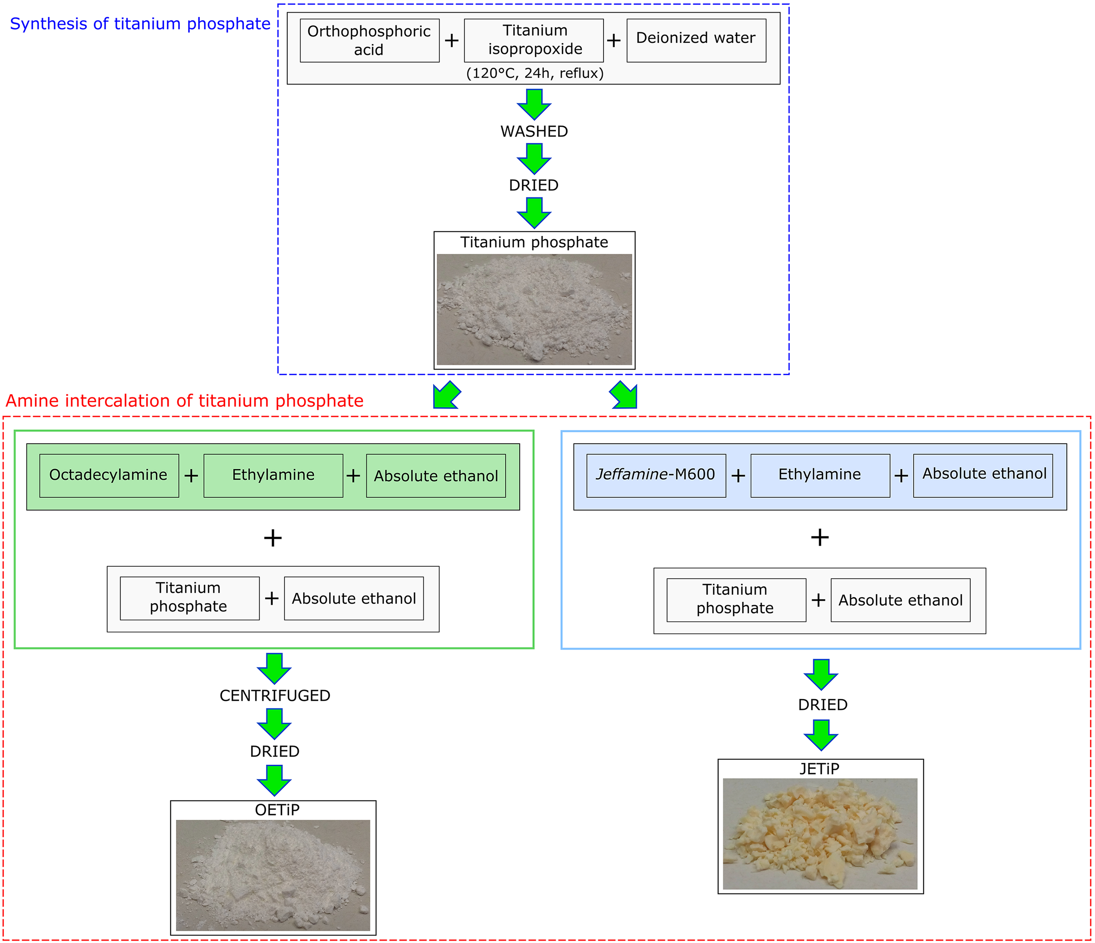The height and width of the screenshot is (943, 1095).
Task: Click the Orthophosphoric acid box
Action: [x=369, y=41]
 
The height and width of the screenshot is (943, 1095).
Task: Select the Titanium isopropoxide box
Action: [x=534, y=41]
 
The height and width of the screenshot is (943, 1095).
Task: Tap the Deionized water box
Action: [x=696, y=41]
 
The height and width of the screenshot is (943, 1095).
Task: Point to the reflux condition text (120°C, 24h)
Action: [x=534, y=73]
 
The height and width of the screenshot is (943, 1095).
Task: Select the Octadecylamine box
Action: [x=109, y=475]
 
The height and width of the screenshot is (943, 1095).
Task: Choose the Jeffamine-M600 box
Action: [x=656, y=475]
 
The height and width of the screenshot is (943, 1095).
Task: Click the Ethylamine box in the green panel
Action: [x=273, y=475]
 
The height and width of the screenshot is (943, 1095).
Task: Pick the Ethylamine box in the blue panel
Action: [x=820, y=475]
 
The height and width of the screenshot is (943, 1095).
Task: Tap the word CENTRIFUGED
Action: [x=275, y=696]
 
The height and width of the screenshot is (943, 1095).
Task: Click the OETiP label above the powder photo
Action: [x=277, y=810]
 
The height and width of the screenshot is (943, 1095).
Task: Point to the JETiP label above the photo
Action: [x=819, y=768]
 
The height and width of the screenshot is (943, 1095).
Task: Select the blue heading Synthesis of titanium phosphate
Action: [x=140, y=24]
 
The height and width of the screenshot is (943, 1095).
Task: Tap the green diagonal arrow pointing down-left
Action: [x=447, y=395]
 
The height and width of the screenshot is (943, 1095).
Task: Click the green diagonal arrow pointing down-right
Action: [x=624, y=395]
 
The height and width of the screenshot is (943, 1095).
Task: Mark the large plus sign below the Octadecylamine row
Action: [x=273, y=538]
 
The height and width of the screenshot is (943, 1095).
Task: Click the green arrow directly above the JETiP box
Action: [x=821, y=735]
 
